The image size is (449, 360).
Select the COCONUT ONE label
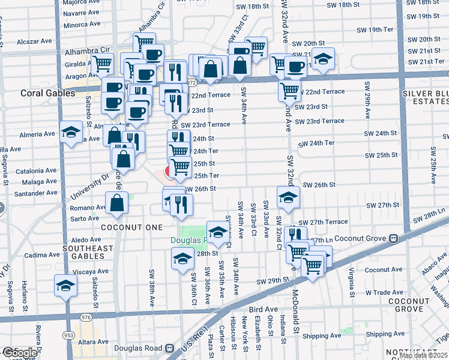[x=131, y=227]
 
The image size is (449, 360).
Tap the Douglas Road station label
[x=142, y=348]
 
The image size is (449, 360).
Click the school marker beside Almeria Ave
[x=71, y=133]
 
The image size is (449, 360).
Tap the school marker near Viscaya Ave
[x=65, y=286]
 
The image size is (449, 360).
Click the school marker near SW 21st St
[x=323, y=59]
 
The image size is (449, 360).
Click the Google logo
[x=19, y=353]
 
